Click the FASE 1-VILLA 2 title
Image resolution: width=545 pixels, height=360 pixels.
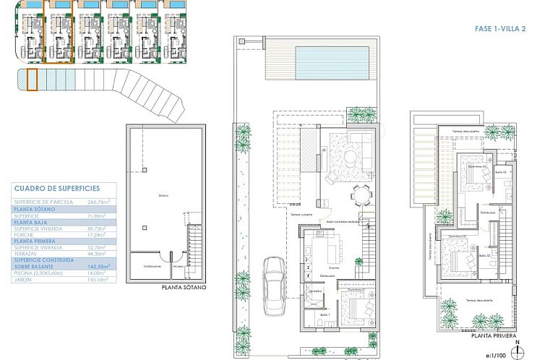[x=499, y=27]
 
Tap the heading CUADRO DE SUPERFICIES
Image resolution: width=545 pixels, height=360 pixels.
[x=56, y=188]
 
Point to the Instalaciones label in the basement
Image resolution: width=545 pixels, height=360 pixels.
[x=152, y=267]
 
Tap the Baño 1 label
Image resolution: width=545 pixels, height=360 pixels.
[x=324, y=314]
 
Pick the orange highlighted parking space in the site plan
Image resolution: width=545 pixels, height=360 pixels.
[x=32, y=80]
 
